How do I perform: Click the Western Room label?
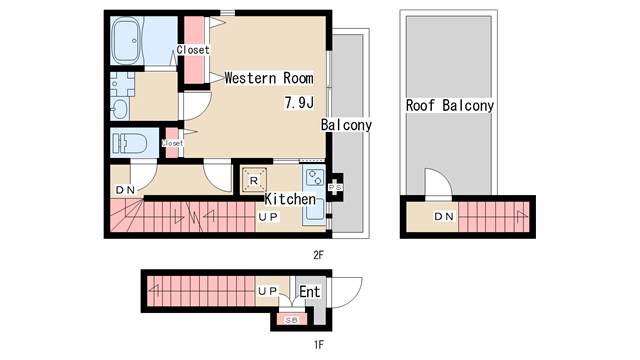[269, 78]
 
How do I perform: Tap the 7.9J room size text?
[299, 102]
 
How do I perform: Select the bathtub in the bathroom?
[127, 40]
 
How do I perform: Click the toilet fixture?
[130, 144]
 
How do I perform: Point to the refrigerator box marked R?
[254, 180]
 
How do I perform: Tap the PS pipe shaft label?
[336, 187]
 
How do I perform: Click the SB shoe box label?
[292, 320]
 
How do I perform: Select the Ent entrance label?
[310, 292]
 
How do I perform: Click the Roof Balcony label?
[450, 105]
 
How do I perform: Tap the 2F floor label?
[318, 255]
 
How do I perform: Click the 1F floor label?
[319, 345]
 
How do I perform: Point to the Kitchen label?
[290, 199]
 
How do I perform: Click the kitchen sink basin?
[315, 211]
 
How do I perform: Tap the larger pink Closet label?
[193, 50]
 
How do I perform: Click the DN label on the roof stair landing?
[444, 216]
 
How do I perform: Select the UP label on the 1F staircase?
[268, 291]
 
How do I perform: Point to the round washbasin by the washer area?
[120, 109]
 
